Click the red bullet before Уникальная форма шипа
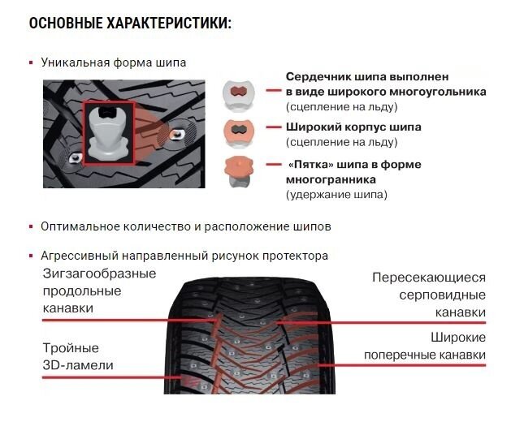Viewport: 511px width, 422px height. coord(31,62)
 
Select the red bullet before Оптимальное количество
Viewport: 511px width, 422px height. coord(31,226)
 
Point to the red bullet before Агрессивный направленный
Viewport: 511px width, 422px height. coord(31,256)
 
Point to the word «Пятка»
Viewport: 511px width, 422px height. coord(310,165)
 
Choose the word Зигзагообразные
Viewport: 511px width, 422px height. coord(99,273)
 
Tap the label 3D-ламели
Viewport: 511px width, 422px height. coord(78,365)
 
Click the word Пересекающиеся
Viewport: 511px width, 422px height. coord(429,278)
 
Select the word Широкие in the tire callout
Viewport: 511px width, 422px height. coord(458,337)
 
